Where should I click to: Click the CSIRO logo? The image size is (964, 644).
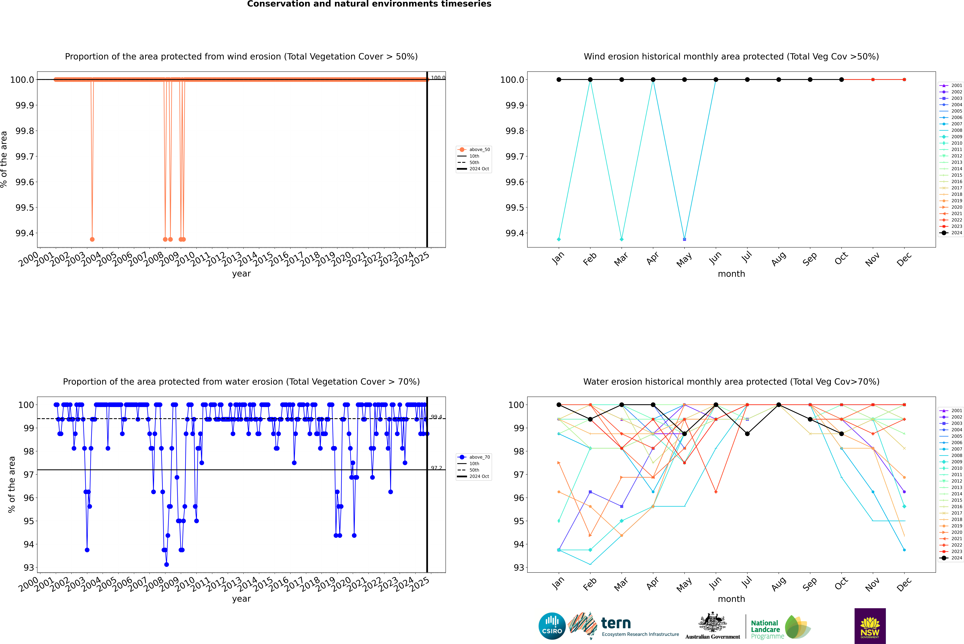pyautogui.click(x=552, y=626)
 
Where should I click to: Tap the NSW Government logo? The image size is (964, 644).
pyautogui.click(x=870, y=626)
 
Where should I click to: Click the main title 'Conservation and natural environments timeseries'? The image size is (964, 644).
pyautogui.click(x=369, y=4)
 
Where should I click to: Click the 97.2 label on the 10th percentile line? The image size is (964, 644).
pyautogui.click(x=436, y=468)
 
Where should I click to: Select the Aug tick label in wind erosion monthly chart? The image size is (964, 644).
pyautogui.click(x=779, y=259)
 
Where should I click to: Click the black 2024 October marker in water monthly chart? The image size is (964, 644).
pyautogui.click(x=842, y=434)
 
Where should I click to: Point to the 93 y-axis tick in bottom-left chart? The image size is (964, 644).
pyautogui.click(x=29, y=568)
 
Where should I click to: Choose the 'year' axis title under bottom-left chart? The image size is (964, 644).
pyautogui.click(x=241, y=599)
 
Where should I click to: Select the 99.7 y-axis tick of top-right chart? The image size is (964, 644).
pyautogui.click(x=515, y=156)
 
